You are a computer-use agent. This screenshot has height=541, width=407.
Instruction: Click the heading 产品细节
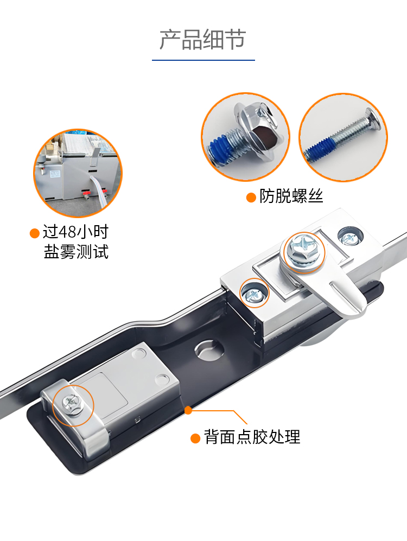pyautogui.click(x=203, y=40)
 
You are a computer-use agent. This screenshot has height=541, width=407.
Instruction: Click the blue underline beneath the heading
pyautogui.click(x=203, y=60)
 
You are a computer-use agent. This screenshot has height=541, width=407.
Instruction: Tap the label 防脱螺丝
pyautogui.click(x=291, y=196)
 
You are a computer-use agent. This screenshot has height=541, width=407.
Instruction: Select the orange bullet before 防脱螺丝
pyautogui.click(x=251, y=198)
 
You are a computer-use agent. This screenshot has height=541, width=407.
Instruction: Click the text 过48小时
pyautogui.click(x=76, y=232)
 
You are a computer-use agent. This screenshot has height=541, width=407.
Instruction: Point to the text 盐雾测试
pyautogui.click(x=76, y=252)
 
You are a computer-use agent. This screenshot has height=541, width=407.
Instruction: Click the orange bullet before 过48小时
pyautogui.click(x=35, y=233)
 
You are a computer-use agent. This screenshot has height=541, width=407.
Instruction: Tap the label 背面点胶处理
pyautogui.click(x=252, y=437)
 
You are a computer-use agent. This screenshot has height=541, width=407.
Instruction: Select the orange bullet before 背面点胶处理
pyautogui.click(x=195, y=438)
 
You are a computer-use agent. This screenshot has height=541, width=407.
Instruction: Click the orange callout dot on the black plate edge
pyautogui.click(x=188, y=410)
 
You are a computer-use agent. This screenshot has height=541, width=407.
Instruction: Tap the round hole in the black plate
pyautogui.click(x=209, y=349)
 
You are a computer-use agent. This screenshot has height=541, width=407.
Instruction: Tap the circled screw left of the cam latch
pyautogui.click(x=254, y=294)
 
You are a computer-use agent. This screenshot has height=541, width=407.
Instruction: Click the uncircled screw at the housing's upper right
pyautogui.click(x=350, y=237)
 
